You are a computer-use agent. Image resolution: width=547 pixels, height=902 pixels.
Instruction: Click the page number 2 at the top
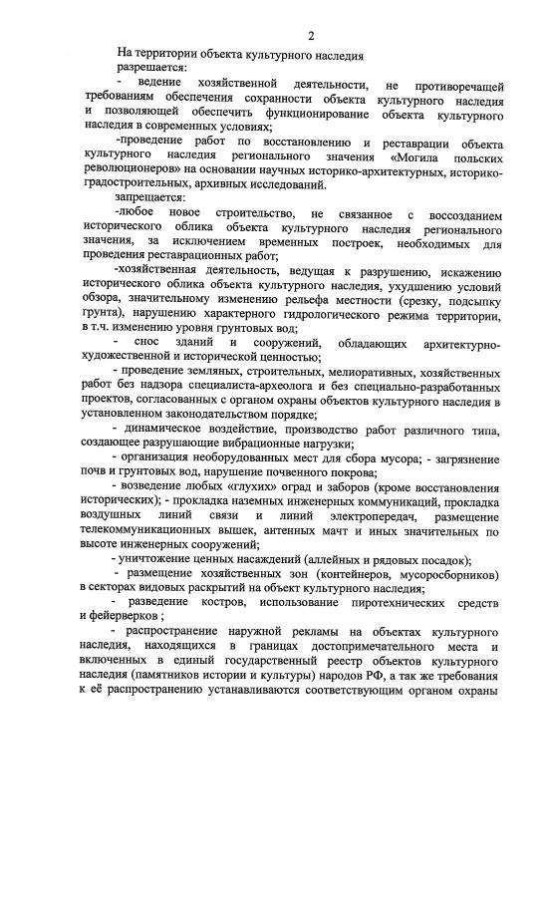[x=311, y=37]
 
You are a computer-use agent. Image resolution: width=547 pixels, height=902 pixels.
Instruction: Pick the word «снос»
[x=160, y=344]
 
